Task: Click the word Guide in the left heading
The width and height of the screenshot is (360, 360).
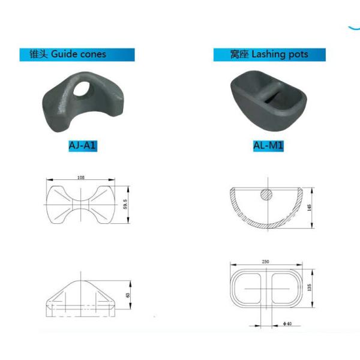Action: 64,54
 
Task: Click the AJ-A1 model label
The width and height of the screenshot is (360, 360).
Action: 83,146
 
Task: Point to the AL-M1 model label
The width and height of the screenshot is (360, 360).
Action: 268,146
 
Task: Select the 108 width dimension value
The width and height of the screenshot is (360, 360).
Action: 81,177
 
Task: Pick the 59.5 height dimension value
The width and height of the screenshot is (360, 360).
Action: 125,204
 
